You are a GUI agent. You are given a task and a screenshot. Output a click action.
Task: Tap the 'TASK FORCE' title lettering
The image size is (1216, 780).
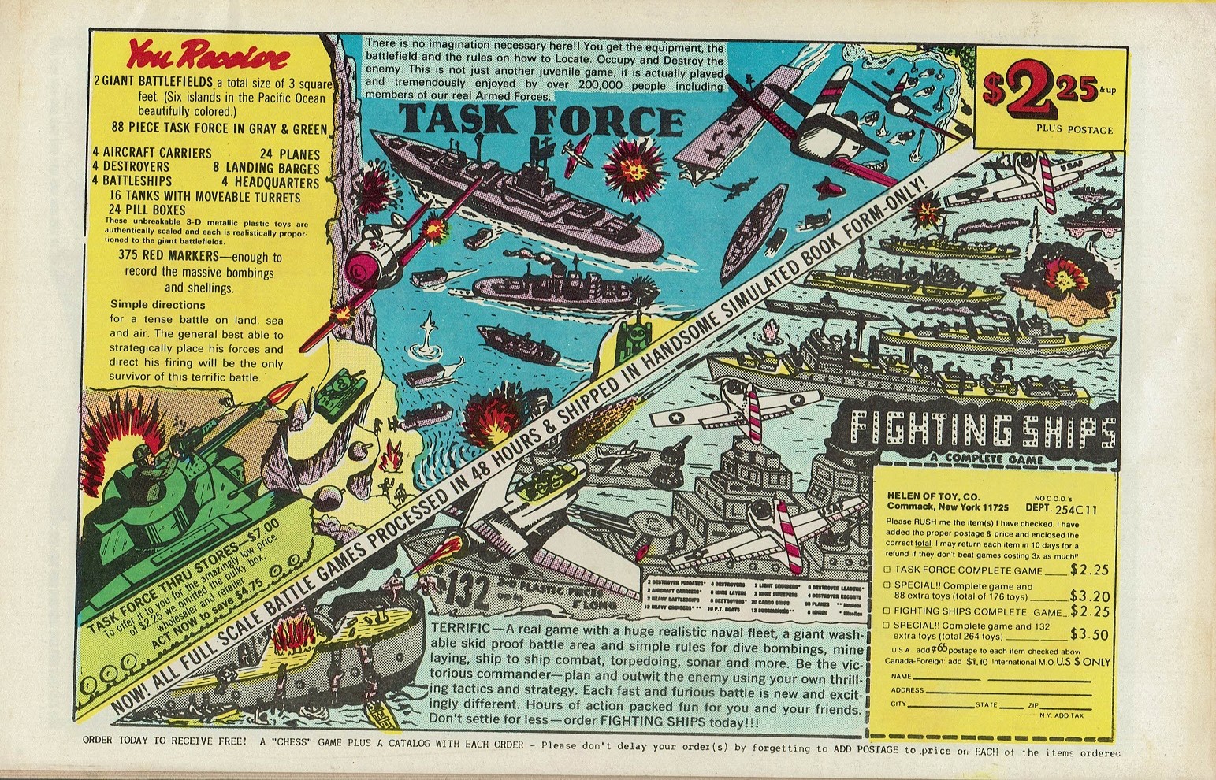coord(541,120)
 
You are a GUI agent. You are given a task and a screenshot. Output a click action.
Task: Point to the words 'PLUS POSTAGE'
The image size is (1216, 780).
coord(1074,128)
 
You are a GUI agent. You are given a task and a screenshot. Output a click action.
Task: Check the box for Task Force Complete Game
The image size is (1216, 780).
coord(887,570)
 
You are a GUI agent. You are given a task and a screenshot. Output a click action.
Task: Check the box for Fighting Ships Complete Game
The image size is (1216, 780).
coord(887,611)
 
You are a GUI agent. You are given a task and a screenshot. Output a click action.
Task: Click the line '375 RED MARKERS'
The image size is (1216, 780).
coord(199,257)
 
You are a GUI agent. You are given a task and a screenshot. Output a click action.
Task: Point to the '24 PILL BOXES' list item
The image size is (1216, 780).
coord(147,210)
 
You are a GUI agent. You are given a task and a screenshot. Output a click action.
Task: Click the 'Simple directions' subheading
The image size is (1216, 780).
coord(158,305)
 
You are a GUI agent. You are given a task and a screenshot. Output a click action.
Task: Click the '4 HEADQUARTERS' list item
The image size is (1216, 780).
coord(270,182)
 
